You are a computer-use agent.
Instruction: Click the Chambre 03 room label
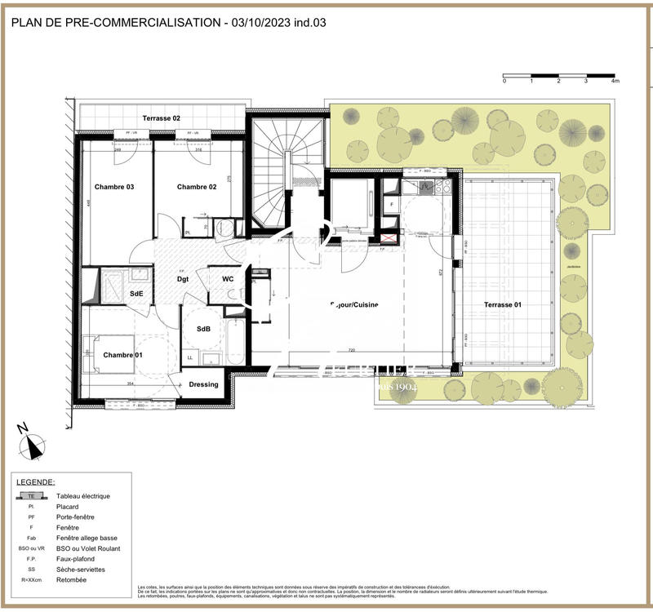[114, 187]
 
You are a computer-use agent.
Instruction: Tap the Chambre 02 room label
[197, 187]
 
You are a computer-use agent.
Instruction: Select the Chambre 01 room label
[122, 354]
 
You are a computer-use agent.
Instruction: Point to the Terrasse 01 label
[504, 304]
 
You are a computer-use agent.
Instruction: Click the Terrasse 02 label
[161, 119]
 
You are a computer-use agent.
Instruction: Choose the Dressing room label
[203, 384]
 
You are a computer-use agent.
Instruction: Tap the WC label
[229, 279]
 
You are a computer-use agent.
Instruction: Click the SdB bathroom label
[204, 329]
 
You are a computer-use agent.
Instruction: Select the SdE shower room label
[136, 293]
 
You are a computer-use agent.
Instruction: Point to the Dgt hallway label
[184, 279]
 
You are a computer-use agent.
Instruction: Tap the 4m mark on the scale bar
[615, 82]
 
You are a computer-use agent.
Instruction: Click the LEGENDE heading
[33, 482]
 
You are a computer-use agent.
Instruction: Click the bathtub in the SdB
[235, 343]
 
